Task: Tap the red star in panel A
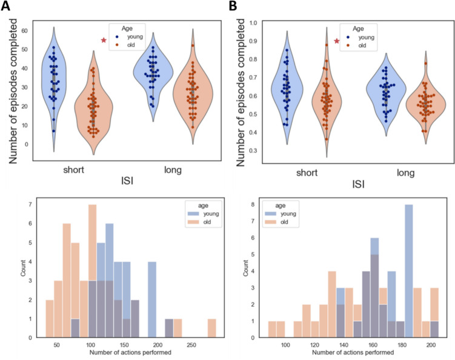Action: [104, 40]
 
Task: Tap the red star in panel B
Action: [337, 42]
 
